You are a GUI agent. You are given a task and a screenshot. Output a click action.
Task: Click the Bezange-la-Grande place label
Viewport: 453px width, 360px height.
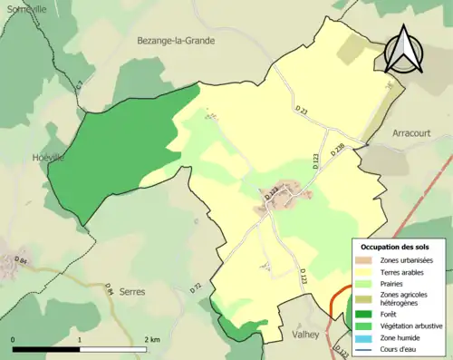[172, 41]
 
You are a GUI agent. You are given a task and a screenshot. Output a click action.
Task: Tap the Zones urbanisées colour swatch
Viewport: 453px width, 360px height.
[363, 261]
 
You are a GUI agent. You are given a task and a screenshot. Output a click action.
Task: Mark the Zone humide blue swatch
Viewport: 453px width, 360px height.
[363, 337]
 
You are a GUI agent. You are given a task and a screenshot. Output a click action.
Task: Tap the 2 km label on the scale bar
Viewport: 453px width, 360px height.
[153, 338]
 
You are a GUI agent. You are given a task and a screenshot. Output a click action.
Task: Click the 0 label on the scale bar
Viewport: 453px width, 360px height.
[13, 338]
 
